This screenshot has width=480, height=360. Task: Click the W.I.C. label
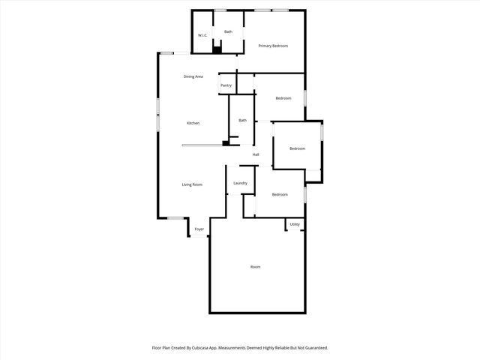tap(202, 35)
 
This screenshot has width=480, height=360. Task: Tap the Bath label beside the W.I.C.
tap(228, 31)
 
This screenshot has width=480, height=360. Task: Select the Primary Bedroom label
tap(273, 46)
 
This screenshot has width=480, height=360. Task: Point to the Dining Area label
tap(193, 76)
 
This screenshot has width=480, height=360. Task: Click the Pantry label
tap(226, 85)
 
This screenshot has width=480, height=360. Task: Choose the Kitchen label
tap(193, 123)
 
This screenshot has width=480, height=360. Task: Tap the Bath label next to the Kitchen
tap(242, 121)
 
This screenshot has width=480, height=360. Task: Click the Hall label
tap(256, 154)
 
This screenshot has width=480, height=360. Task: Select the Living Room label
tap(192, 184)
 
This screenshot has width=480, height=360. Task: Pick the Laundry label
tap(240, 183)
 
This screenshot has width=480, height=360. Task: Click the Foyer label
tap(199, 229)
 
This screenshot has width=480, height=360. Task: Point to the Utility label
tap(295, 223)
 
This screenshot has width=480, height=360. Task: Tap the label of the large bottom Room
tap(255, 267)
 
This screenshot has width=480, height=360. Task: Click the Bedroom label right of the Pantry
tap(283, 98)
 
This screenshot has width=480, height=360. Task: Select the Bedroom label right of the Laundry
tap(280, 195)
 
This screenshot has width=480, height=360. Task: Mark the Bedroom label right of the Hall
tap(298, 148)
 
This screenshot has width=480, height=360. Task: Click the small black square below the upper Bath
tap(217, 50)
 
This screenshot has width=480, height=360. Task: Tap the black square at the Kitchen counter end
tap(225, 142)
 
